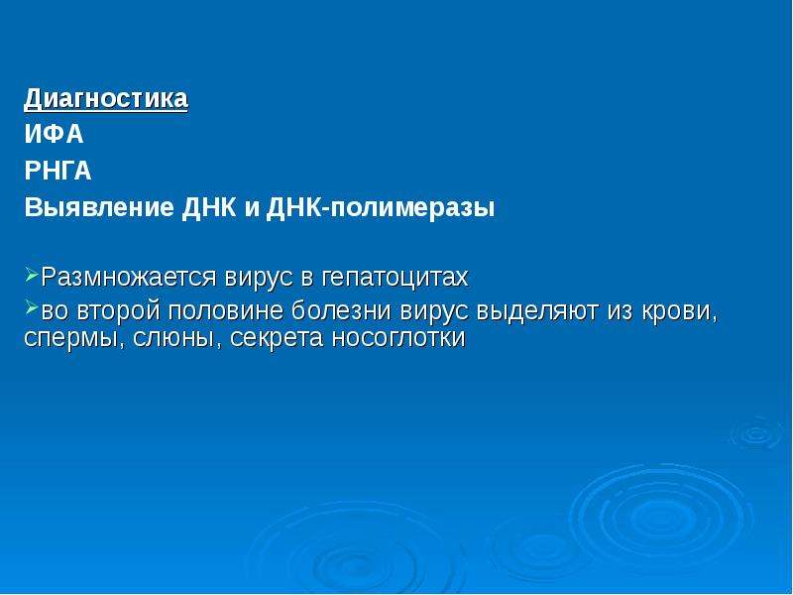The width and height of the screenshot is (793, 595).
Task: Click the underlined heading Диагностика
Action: [x=106, y=98]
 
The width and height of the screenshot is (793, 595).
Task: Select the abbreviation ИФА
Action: [x=54, y=135]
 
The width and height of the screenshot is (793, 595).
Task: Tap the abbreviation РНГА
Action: [x=57, y=171]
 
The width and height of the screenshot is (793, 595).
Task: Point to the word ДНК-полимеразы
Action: [x=381, y=208]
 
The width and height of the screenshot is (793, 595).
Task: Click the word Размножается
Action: [x=129, y=278]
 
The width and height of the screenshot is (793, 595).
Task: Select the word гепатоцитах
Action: [x=395, y=278]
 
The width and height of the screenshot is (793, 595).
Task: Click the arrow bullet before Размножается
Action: [x=32, y=275]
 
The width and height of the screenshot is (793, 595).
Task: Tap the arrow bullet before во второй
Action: [x=32, y=307]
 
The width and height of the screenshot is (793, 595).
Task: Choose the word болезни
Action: [x=341, y=310]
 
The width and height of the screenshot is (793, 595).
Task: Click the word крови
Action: [x=680, y=311]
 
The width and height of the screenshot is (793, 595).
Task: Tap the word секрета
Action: [x=277, y=338]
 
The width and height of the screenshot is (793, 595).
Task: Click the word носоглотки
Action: [x=398, y=338]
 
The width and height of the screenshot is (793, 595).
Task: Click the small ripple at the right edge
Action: [x=756, y=433]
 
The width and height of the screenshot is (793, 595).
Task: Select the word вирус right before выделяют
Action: [x=434, y=311]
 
